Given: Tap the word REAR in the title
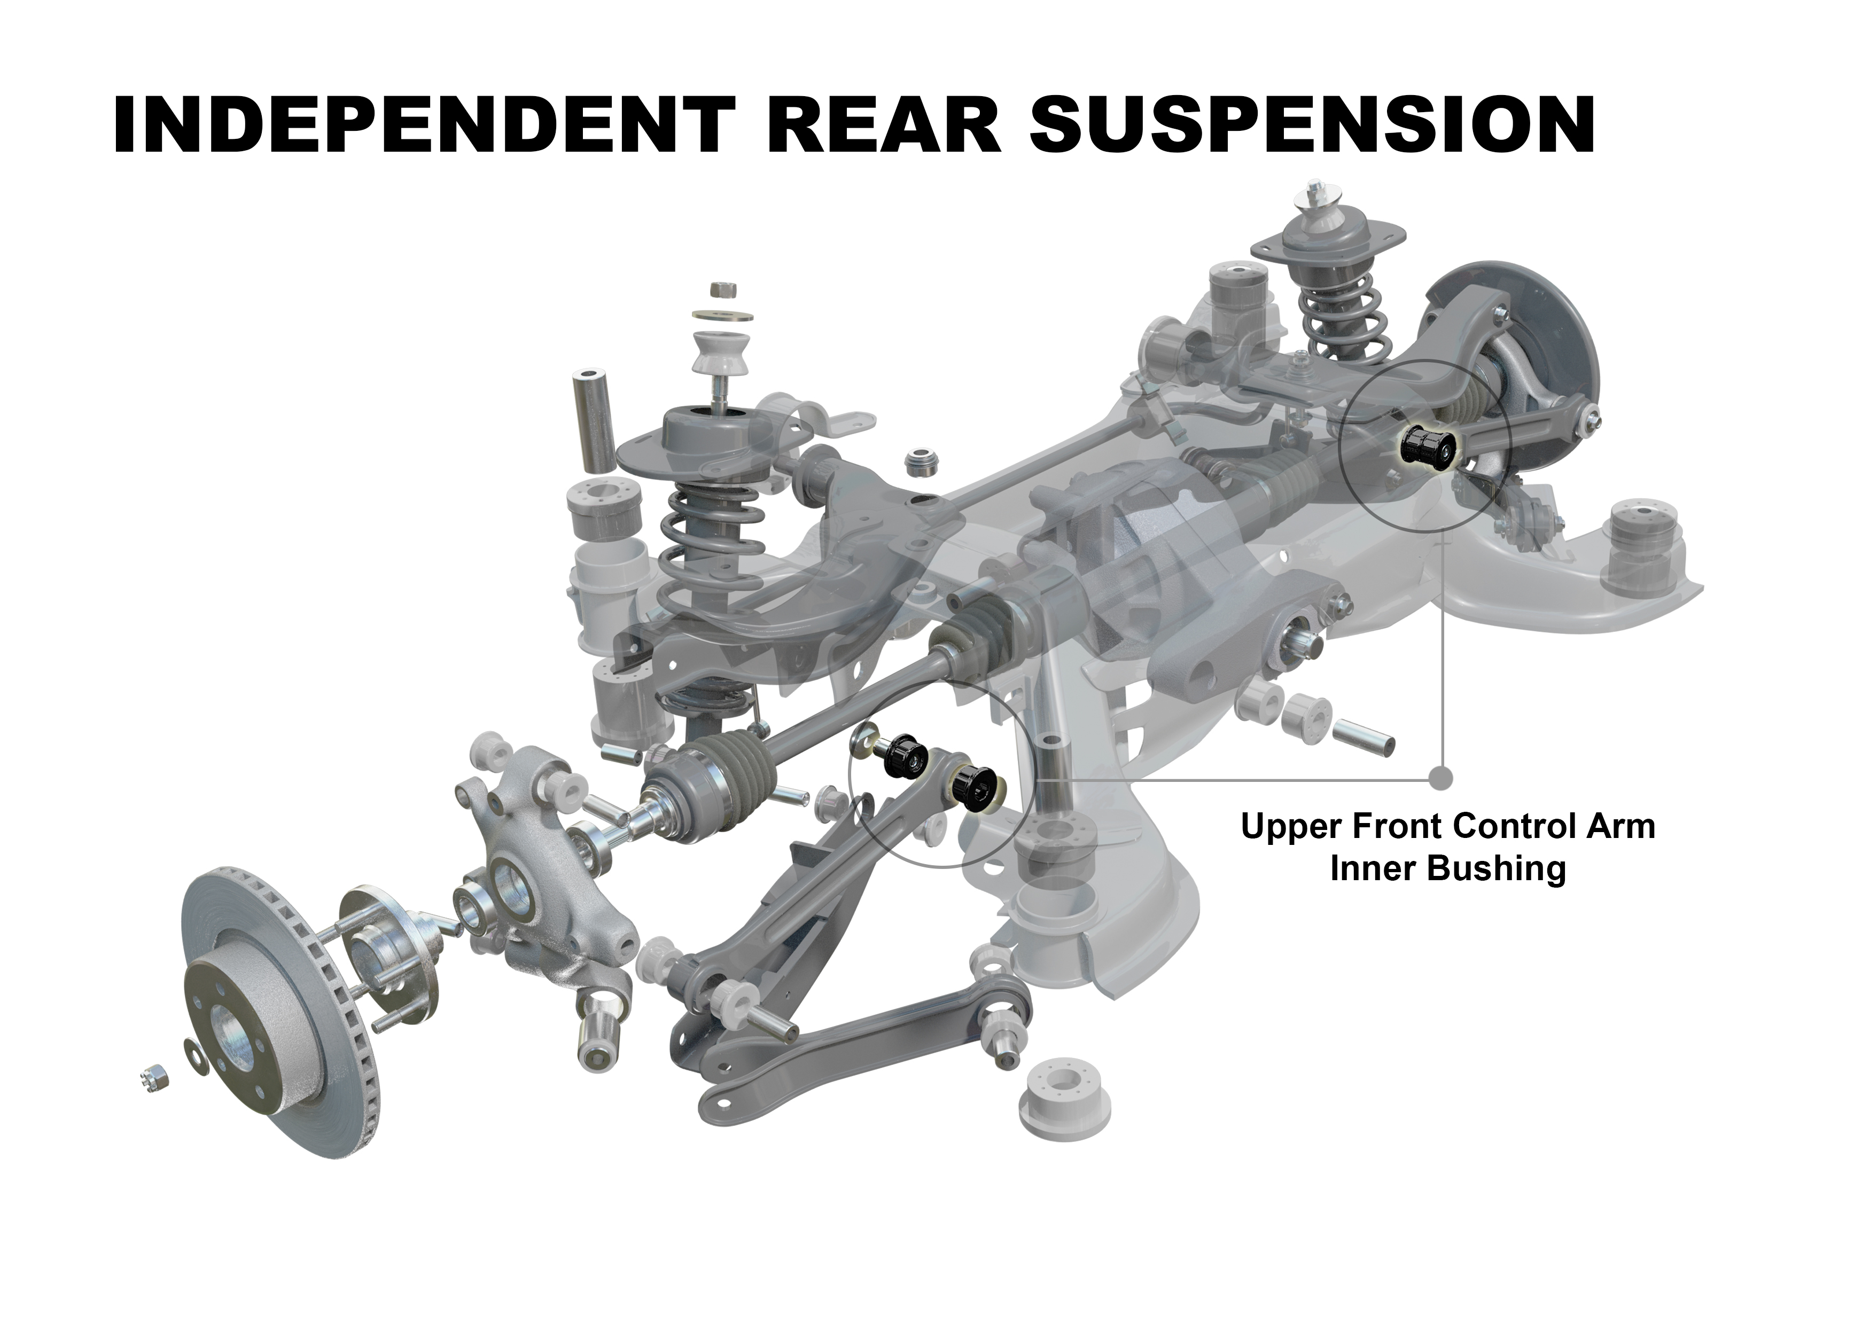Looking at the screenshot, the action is (x=883, y=124).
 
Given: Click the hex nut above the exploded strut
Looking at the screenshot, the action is (x=721, y=291).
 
